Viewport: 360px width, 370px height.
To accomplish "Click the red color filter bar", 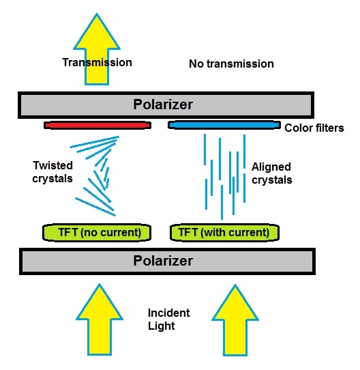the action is coord(97,125).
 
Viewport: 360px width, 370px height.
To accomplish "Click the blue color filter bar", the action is coord(224,125).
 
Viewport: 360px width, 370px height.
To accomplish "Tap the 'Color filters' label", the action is coord(314,128).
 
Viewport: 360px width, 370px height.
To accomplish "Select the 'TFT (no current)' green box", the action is coord(97,233).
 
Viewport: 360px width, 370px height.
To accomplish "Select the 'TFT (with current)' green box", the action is coord(225,233).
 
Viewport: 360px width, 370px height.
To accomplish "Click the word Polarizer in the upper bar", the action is coord(163,104).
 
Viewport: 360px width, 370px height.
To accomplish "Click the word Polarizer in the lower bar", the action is coord(163,261).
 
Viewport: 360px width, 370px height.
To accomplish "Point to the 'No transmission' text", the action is coord(231,63).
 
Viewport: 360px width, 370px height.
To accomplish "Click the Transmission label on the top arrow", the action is coord(97,63).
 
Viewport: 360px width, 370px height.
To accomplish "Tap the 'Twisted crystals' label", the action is coord(52,172).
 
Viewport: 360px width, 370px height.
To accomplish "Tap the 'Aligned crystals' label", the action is coord(272,173).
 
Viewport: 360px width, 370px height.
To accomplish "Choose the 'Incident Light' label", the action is coord(169,319).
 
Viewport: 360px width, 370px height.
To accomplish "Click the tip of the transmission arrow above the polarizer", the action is coord(97,13).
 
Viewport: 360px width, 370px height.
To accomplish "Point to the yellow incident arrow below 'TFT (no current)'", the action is coord(100,319).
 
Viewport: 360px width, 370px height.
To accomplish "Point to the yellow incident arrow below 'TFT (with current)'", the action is coord(235,320).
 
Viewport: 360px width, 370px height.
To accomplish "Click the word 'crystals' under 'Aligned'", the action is coord(272,180).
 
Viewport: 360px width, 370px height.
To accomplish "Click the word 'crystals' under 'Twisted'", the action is coord(52,179).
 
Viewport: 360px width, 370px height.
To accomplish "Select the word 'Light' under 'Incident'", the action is coord(162,326).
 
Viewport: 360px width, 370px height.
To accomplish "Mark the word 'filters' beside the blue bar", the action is coord(329,128).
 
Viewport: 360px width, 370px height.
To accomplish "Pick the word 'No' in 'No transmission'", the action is coord(196,63).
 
